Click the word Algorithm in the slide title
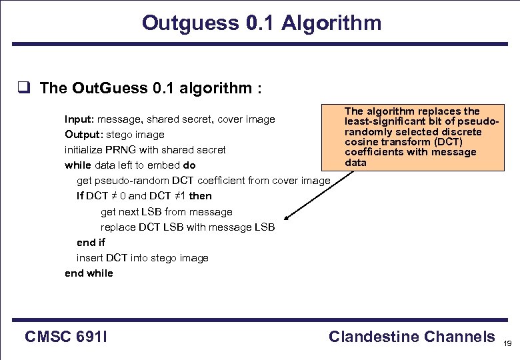[331, 23]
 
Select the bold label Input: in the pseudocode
[79, 119]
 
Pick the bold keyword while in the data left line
[77, 165]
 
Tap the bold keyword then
[200, 196]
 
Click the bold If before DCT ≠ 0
[80, 196]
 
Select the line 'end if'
[91, 243]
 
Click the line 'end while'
[89, 273]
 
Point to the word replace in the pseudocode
[118, 227]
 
